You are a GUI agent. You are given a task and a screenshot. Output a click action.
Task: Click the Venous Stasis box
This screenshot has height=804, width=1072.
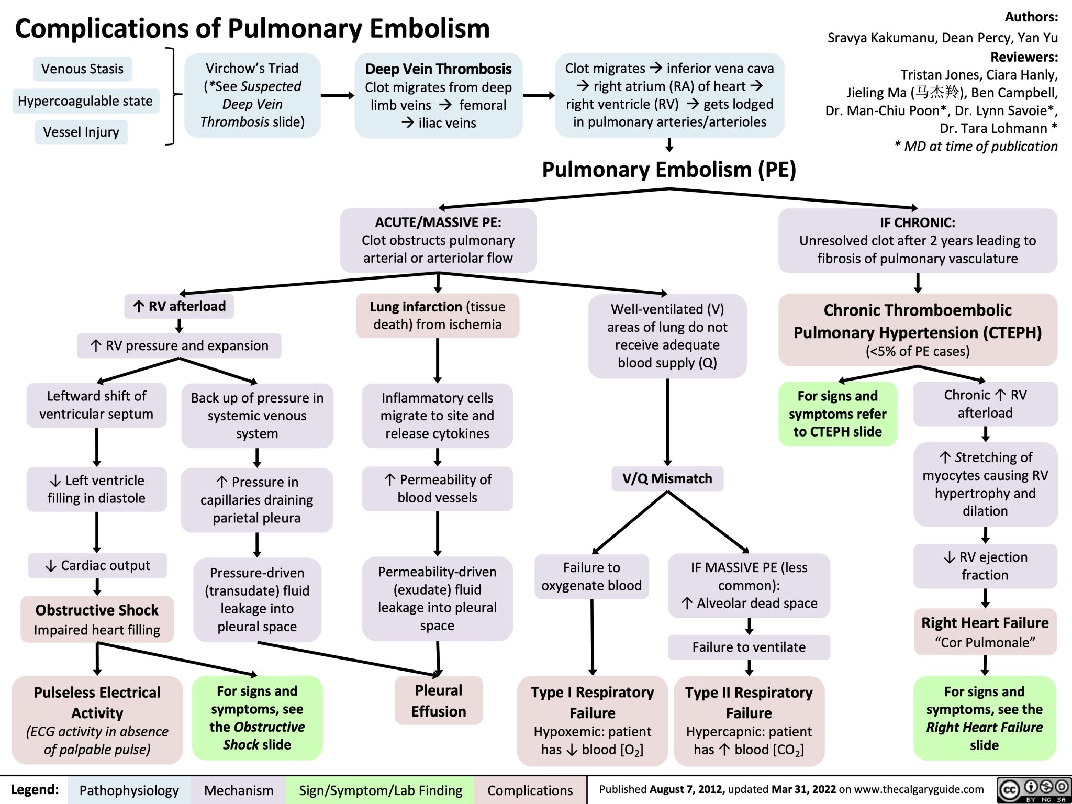tap(82, 69)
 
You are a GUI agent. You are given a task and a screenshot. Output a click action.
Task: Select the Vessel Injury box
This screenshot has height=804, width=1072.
tap(81, 132)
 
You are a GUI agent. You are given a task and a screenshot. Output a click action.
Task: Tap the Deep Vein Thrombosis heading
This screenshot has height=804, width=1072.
tap(438, 69)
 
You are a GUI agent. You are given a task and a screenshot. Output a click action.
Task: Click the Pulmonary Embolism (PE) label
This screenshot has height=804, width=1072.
tap(668, 170)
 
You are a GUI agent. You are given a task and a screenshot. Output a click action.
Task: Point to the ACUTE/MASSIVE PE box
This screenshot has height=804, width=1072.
tap(438, 240)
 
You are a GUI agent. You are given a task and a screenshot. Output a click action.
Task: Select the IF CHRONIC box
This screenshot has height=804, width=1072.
tap(917, 240)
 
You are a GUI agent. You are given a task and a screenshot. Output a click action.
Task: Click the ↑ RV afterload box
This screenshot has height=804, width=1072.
tap(179, 306)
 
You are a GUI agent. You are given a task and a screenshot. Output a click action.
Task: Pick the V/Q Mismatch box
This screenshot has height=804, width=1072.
tap(667, 478)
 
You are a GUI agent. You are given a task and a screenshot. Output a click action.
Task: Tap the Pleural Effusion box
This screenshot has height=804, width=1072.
tap(438, 701)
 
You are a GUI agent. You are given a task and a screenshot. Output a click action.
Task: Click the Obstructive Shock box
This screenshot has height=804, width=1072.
tap(97, 619)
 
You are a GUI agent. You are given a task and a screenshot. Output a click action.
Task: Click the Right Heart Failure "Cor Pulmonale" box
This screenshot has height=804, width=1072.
tap(985, 632)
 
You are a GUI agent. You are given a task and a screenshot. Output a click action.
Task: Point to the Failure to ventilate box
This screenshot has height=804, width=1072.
tap(749, 647)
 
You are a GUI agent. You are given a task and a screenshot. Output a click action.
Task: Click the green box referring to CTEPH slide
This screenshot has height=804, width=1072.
tap(837, 414)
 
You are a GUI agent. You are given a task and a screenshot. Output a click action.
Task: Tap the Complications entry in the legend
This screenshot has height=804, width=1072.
tap(530, 790)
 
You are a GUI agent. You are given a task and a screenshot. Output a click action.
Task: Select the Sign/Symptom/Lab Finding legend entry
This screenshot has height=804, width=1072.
tap(381, 790)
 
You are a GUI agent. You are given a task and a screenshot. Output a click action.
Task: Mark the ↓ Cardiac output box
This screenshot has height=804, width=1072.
tap(97, 566)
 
